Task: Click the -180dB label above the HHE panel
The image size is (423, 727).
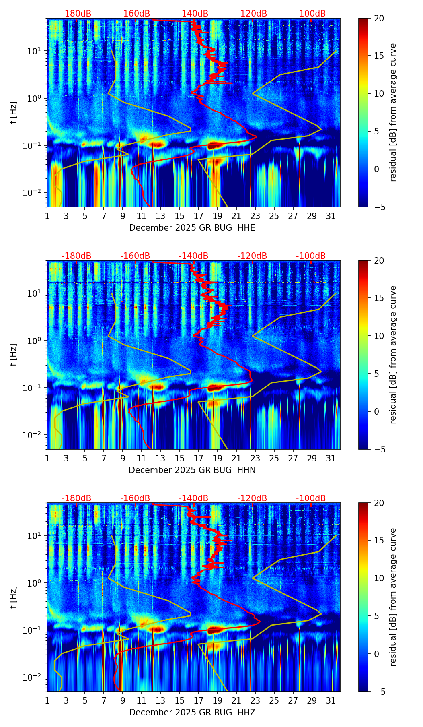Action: click(x=76, y=14)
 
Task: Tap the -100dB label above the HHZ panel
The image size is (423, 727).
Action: click(x=311, y=498)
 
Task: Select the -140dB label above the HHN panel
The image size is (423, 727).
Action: click(x=193, y=256)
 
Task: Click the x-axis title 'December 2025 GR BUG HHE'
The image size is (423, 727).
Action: click(x=192, y=228)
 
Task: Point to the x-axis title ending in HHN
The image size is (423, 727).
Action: click(x=192, y=470)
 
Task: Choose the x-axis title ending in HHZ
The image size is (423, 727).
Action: click(x=192, y=713)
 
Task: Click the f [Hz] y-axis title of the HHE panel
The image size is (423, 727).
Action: click(x=14, y=113)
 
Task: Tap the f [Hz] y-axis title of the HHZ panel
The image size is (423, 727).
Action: click(x=14, y=597)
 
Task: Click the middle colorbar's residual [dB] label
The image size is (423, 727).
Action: click(x=393, y=355)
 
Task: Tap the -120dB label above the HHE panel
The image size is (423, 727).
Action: click(x=252, y=14)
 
